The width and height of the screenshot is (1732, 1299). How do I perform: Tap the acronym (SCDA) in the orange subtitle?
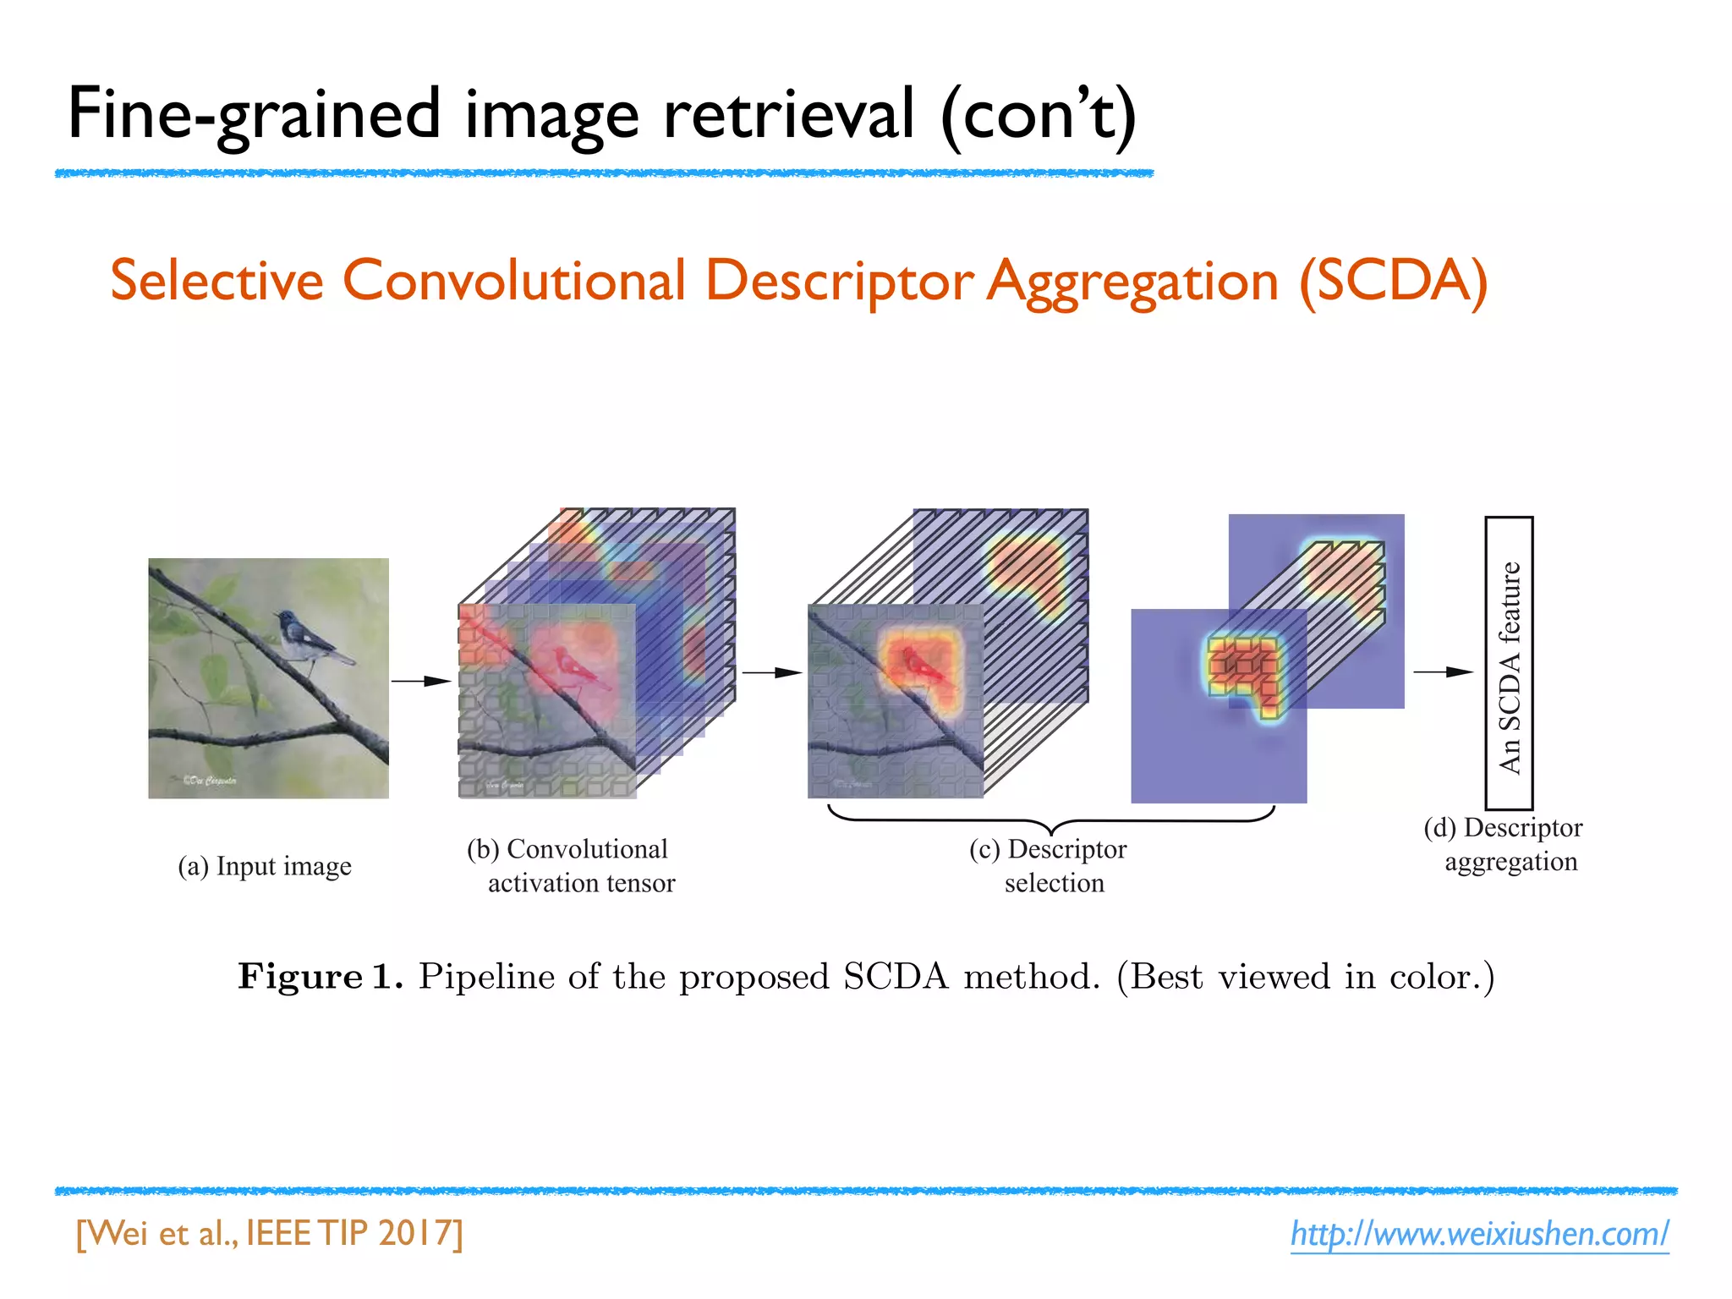point(1393,281)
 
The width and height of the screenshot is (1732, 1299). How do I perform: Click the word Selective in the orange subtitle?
point(216,281)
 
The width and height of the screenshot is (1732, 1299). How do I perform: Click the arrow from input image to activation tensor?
point(422,681)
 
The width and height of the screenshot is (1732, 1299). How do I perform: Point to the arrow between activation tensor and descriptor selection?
point(771,672)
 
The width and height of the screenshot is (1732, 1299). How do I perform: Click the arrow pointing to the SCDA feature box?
point(1443,671)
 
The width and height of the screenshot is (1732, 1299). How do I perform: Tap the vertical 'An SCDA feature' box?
point(1509,664)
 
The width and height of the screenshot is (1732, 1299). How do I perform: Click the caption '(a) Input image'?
point(265,866)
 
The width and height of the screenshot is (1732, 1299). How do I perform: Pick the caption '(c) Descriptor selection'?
point(1050,866)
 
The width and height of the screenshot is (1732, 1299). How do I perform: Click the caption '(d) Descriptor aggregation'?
point(1504,844)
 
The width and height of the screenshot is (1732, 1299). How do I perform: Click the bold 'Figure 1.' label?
point(320,977)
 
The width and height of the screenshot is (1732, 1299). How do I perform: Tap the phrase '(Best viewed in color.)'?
point(1305,977)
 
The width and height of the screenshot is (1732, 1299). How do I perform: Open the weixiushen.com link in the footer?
point(1479,1234)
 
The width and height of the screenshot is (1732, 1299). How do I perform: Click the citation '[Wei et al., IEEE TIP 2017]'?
point(270,1234)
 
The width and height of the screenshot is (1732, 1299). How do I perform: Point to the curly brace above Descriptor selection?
point(1050,819)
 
